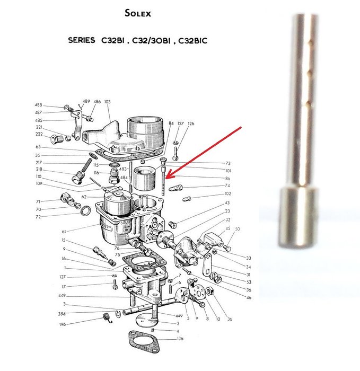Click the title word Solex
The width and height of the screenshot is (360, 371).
coord(137,13)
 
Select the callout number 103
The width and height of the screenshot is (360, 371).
coord(108,101)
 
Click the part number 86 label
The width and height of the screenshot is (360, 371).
coord(227,179)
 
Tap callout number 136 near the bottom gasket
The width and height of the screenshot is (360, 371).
coord(180,339)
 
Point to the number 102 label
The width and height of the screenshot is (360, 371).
coord(227,194)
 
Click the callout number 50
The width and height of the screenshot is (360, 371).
coord(237,228)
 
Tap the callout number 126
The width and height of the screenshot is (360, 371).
coord(191,123)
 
